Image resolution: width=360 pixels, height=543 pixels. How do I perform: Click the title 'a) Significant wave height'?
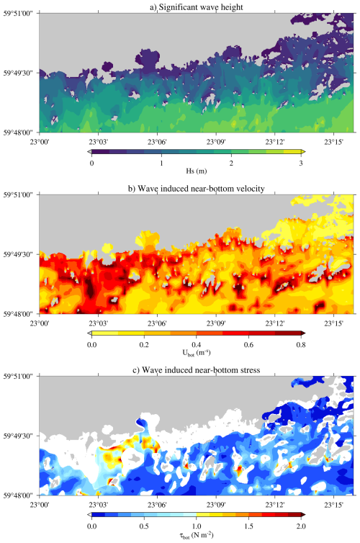tap(197, 7)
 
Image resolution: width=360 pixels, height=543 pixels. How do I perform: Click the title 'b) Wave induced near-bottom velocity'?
tap(197, 189)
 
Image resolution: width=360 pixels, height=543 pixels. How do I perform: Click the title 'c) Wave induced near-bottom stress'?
tap(197, 370)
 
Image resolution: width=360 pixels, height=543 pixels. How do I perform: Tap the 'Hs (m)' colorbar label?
tap(197, 171)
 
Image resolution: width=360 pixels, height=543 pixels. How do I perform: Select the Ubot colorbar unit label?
tap(197, 353)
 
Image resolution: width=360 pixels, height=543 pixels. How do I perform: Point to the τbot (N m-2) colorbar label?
tap(197, 534)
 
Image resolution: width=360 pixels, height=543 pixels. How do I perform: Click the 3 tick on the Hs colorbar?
tap(301, 163)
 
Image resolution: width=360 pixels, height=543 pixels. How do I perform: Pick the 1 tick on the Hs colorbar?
tap(161, 163)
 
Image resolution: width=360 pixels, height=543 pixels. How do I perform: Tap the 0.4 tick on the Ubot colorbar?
tap(197, 344)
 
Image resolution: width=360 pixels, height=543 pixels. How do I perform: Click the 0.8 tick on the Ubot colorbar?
tap(301, 344)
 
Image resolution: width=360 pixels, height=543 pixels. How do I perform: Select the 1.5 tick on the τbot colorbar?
tap(248, 526)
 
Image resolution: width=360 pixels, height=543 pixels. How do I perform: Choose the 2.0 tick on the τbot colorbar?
tap(301, 526)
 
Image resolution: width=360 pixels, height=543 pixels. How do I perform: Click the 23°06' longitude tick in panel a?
tap(157, 142)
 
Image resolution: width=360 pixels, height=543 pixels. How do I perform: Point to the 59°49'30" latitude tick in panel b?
tap(19, 254)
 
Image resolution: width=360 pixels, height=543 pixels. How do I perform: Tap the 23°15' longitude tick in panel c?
tap(333, 505)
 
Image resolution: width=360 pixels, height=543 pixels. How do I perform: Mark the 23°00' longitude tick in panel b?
tap(40, 323)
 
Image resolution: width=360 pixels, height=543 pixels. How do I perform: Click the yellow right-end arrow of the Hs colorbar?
tap(303, 152)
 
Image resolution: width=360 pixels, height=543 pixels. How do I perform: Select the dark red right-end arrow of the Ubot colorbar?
tap(303, 333)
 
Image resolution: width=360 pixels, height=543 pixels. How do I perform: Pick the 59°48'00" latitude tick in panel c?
tap(19, 495)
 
